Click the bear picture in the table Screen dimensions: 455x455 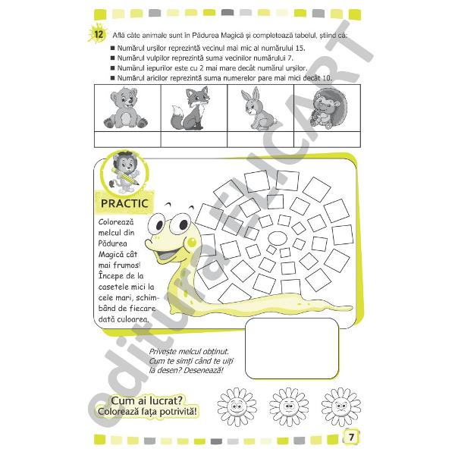(121, 108)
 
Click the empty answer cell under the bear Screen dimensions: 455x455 (127, 138)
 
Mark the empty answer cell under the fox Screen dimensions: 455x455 (195, 138)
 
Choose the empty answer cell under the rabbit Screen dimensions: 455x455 (263, 138)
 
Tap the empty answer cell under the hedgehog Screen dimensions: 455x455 (331, 138)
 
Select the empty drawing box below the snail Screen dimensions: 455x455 (292, 346)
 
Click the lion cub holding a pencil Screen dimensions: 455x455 (123, 172)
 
